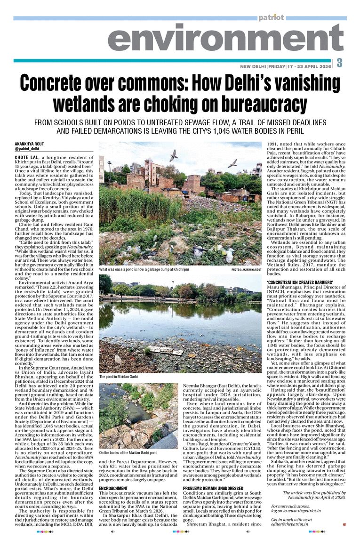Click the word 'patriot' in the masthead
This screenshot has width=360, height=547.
pyautogui.click(x=271, y=17)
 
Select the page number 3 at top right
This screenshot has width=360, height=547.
pyautogui.click(x=339, y=63)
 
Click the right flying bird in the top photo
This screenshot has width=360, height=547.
pyautogui.click(x=232, y=163)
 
